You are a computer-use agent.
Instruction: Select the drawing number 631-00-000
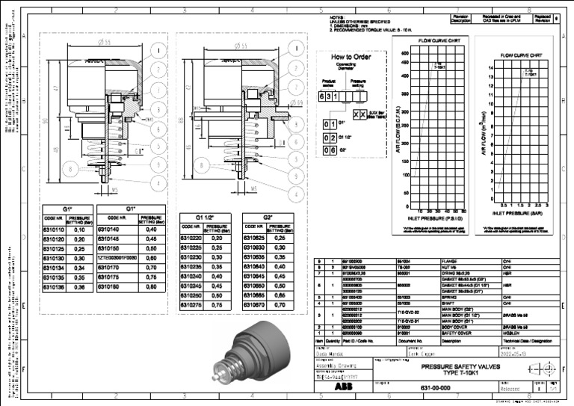pos(433,388)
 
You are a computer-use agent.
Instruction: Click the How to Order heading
pos(346,58)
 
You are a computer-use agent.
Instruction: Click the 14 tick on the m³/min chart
pos(490,67)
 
